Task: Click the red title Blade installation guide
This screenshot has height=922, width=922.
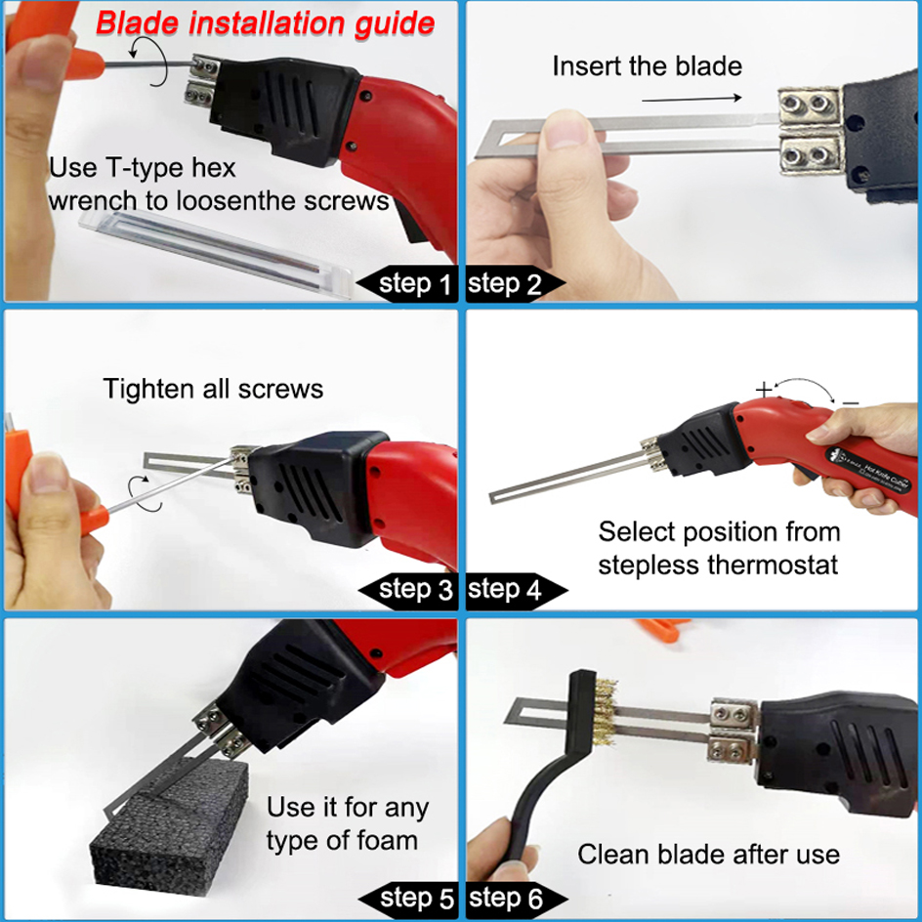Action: tap(265, 22)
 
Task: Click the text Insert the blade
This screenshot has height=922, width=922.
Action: tap(647, 66)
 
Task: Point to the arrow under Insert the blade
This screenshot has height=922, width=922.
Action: tap(688, 98)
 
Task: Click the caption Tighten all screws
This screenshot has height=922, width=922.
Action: tap(213, 389)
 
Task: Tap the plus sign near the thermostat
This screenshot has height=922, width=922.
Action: tap(764, 389)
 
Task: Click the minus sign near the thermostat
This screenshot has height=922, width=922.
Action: tap(850, 401)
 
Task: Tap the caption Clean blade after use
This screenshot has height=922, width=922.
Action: tap(708, 855)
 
